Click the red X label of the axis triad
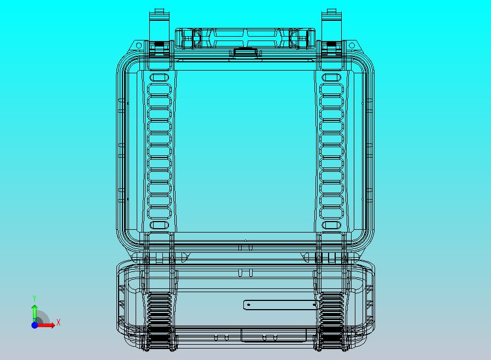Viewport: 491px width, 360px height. point(59,322)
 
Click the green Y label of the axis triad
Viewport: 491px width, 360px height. point(34,298)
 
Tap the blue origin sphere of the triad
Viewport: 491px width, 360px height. point(34,325)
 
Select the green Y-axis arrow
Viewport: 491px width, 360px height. point(34,311)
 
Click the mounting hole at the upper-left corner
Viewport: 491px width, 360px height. point(138,45)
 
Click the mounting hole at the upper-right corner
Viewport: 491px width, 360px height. point(352,45)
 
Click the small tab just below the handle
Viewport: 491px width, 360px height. point(245,53)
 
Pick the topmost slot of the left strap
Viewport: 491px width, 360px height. point(160,77)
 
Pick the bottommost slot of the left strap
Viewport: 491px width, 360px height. point(160,225)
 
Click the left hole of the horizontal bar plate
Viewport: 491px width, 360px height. point(249,304)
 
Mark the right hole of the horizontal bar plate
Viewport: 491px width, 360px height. point(314,304)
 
